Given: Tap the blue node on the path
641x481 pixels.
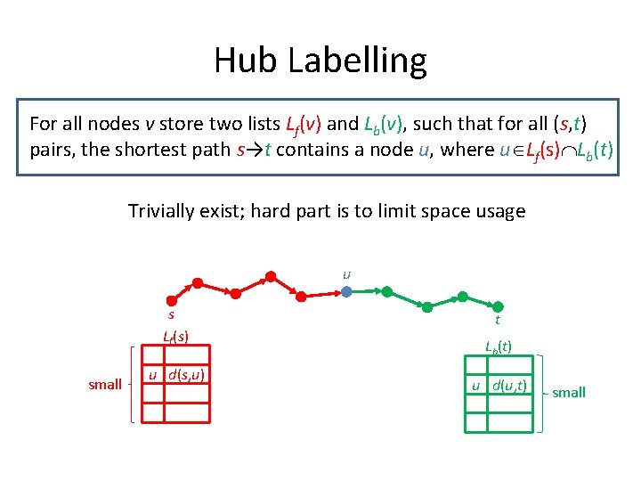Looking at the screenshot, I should (x=347, y=290).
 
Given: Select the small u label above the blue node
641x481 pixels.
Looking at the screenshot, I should (x=346, y=273).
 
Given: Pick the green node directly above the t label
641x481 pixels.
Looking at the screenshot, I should (x=499, y=307).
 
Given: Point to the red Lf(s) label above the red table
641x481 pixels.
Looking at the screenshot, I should (x=174, y=336).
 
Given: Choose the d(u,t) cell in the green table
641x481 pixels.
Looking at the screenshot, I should (x=511, y=386).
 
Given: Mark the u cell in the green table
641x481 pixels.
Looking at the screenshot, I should (x=476, y=386).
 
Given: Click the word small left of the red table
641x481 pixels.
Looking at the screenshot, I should (x=105, y=385).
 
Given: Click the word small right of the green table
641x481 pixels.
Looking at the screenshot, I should (x=569, y=392).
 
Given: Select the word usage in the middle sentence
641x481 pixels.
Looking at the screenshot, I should (x=500, y=211).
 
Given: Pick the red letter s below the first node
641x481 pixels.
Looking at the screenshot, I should (x=171, y=314).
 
